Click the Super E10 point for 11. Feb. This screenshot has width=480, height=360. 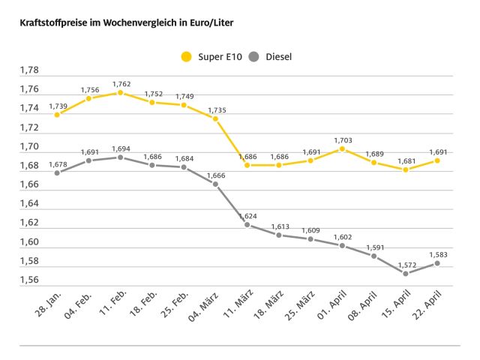[120, 92]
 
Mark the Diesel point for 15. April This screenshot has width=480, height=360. [406, 274]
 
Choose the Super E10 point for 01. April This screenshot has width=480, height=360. [342, 148]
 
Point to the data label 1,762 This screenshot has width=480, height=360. [121, 84]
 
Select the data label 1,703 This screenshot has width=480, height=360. [343, 140]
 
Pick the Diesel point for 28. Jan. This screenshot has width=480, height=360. [57, 172]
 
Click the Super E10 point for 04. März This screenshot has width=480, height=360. [215, 118]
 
